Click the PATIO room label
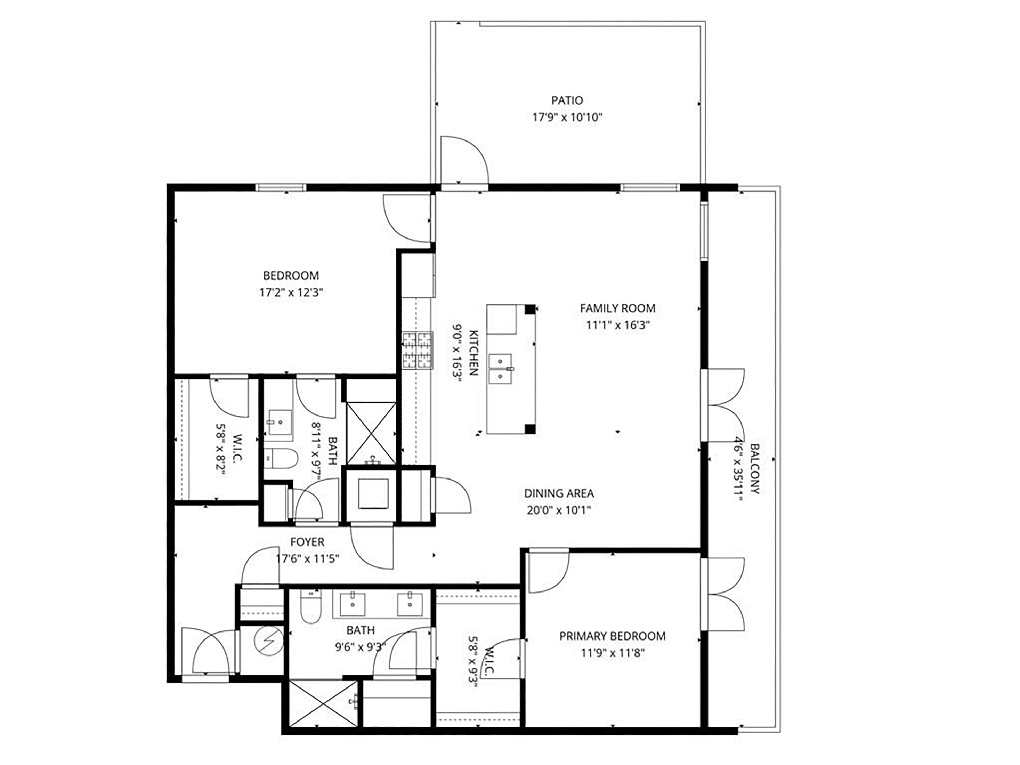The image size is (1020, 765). pos(567,100)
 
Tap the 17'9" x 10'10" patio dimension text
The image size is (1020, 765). pos(567,117)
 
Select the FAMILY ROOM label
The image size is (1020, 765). pos(617,308)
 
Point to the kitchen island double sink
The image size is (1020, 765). pos(500,369)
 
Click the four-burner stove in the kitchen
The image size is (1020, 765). pos(417,351)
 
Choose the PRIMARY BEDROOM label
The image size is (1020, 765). pos(612,636)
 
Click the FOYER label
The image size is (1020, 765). pos(307,542)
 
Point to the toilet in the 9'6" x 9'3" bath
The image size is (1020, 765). pos(310,608)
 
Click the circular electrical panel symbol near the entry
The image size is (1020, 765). pos(270,641)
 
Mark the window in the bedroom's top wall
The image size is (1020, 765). pos(281,187)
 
